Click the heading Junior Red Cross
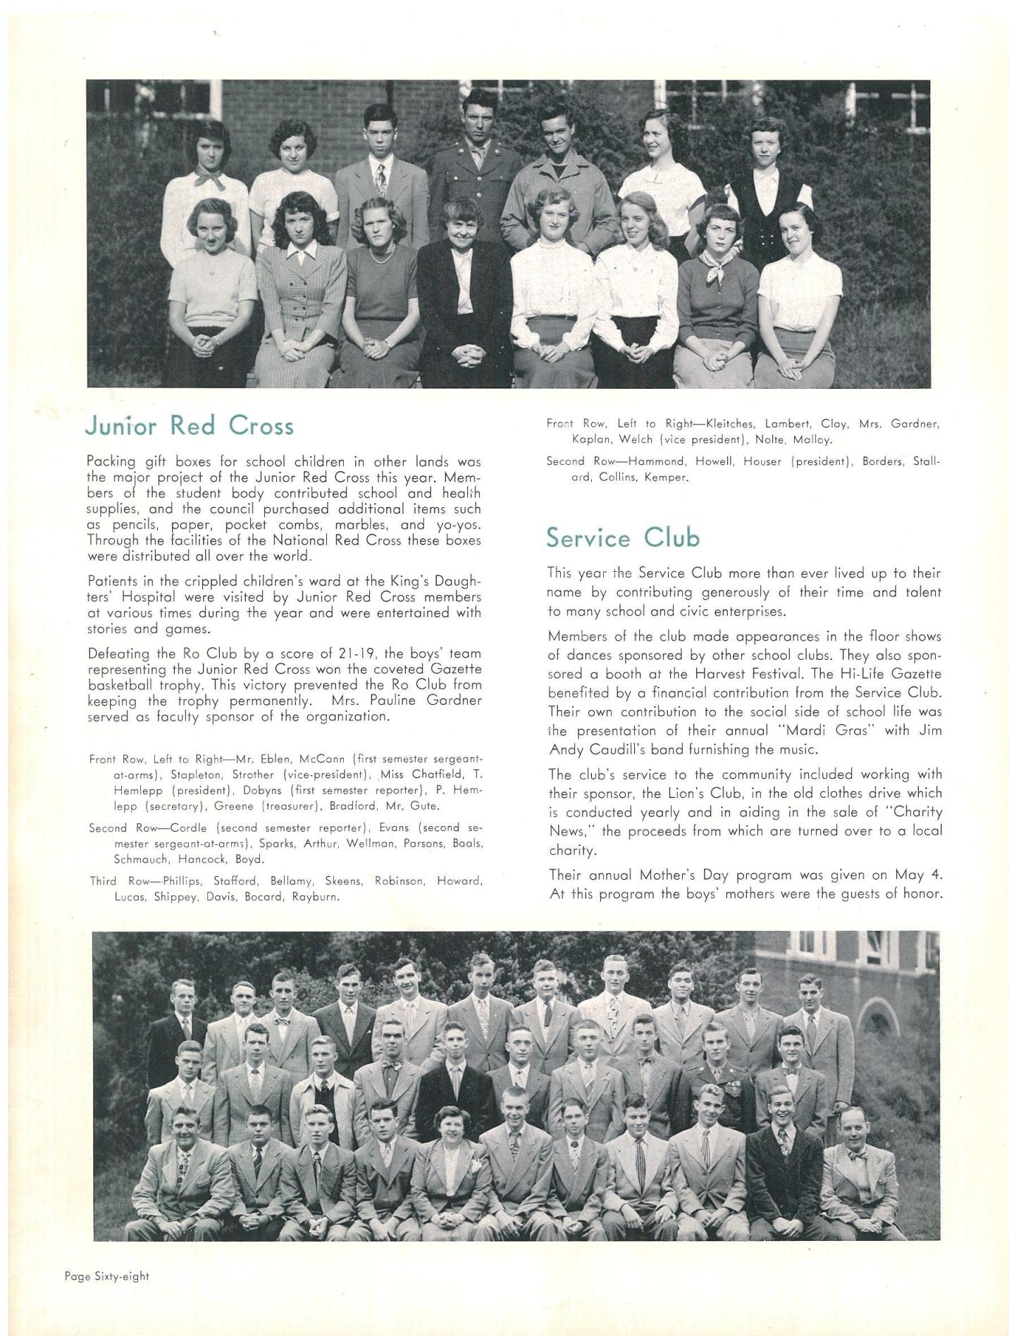pyautogui.click(x=189, y=426)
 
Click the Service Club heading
pyautogui.click(x=623, y=538)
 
